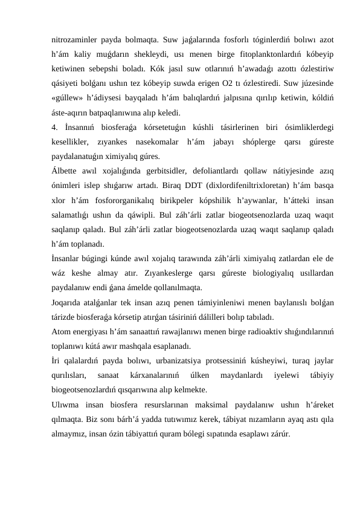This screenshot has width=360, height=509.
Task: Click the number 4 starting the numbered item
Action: click(54, 127)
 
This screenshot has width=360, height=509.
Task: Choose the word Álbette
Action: click(64, 171)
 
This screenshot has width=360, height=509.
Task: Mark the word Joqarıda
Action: click(66, 302)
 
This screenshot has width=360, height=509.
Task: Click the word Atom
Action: click(62, 332)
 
